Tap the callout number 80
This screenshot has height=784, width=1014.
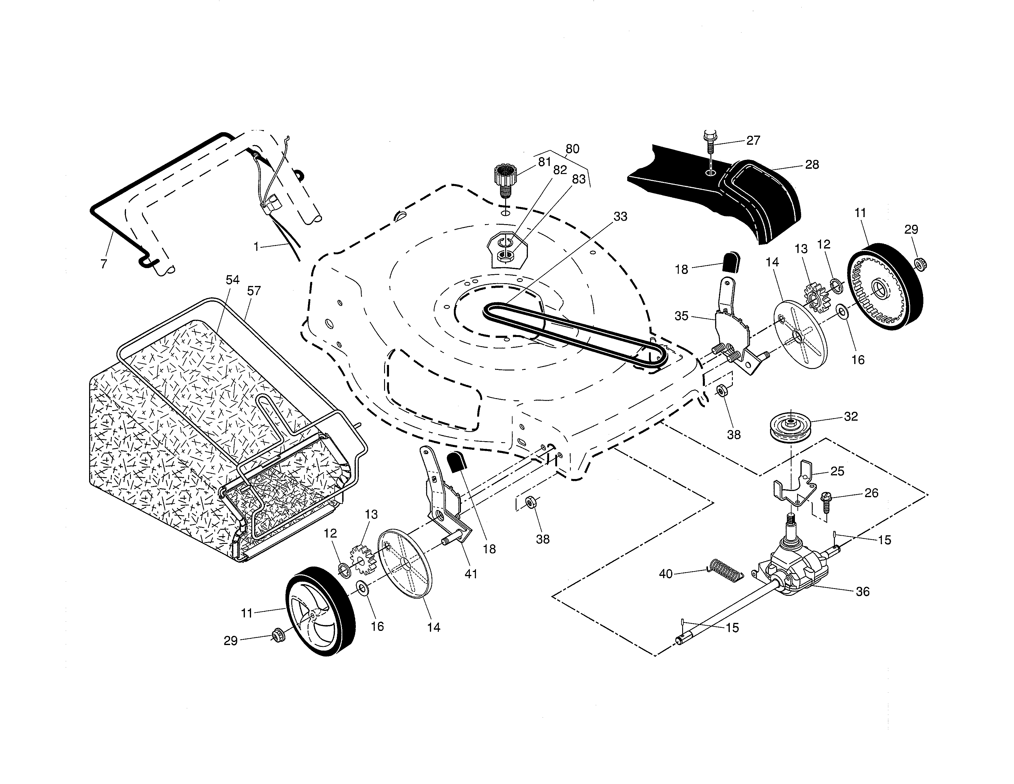pyautogui.click(x=572, y=149)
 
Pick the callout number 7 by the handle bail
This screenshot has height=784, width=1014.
pyautogui.click(x=104, y=264)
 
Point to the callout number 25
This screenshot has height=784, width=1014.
pyautogui.click(x=837, y=471)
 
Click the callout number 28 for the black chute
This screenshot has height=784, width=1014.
pyautogui.click(x=812, y=165)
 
